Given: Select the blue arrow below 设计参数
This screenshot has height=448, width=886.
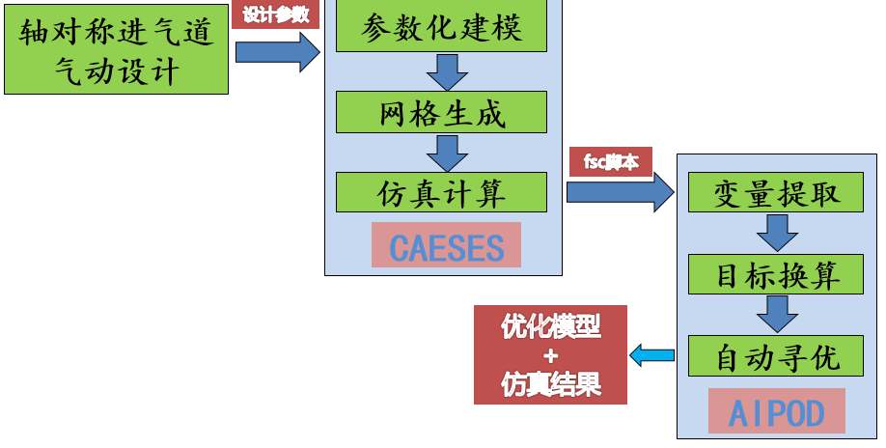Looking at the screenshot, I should click(278, 51).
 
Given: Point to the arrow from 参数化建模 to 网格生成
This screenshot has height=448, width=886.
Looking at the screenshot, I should click(446, 71).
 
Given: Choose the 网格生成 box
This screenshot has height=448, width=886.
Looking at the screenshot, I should click(441, 112).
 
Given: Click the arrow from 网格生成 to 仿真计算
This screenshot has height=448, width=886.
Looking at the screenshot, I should click(446, 153).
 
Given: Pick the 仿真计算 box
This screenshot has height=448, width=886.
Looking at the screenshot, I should click(441, 192).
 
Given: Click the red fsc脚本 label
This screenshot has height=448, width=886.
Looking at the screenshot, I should click(611, 162).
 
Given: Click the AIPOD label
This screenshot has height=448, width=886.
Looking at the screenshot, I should click(777, 412).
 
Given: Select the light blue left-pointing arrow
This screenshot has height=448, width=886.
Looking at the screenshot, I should click(651, 355).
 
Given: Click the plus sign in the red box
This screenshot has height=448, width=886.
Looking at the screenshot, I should click(551, 356).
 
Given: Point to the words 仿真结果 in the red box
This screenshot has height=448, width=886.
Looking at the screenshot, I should click(551, 384).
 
